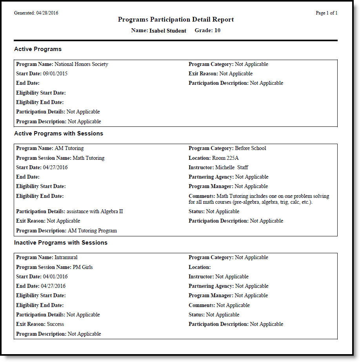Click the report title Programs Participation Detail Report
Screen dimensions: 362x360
[176, 20]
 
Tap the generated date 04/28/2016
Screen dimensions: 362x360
[47, 13]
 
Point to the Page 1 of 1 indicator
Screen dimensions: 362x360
[326, 13]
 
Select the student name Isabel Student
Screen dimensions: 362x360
[168, 31]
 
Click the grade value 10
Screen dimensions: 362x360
[217, 31]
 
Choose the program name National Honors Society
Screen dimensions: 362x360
[81, 64]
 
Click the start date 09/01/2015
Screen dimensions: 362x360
[55, 74]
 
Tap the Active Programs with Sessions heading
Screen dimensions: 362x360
[58, 133]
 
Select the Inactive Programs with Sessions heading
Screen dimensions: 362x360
[61, 243]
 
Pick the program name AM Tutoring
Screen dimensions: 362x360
[69, 148]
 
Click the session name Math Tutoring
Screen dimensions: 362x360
[89, 158]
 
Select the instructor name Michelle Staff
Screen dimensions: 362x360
[232, 168]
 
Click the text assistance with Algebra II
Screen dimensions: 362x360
[95, 212]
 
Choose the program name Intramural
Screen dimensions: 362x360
[66, 258]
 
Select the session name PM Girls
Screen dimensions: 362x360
[83, 267]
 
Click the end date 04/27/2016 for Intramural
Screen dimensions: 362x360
[53, 286]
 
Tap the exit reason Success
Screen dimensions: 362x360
[55, 324]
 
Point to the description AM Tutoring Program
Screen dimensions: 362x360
[92, 231]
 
